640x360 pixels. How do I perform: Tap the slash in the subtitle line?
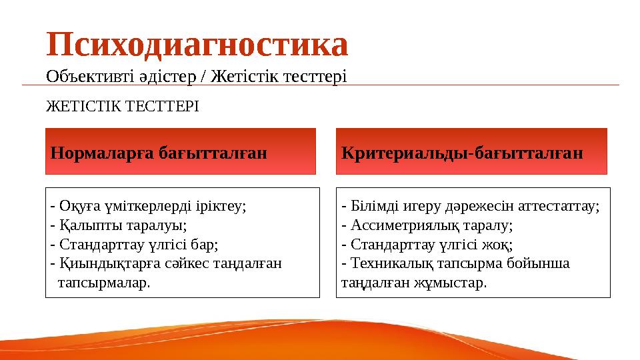(x=204, y=77)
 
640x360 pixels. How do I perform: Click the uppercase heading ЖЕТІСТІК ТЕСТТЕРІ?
(x=122, y=106)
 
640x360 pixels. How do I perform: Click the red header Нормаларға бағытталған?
(x=159, y=153)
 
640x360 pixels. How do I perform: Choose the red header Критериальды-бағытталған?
(x=462, y=153)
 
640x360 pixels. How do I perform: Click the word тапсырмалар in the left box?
(x=103, y=283)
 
